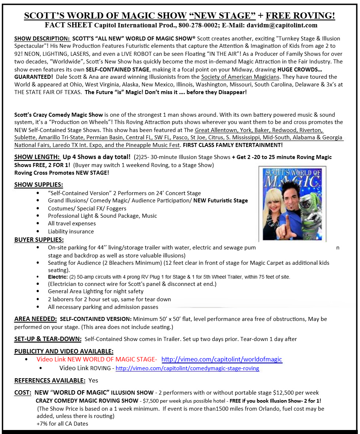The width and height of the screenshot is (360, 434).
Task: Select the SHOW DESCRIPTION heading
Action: [x=42, y=38]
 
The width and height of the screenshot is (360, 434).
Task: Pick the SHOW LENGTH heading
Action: [x=37, y=157]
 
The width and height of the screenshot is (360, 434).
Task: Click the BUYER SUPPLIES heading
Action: [x=39, y=240]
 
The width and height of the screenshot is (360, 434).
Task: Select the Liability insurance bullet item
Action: [x=71, y=231]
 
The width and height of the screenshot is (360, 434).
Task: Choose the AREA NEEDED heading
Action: [x=35, y=319]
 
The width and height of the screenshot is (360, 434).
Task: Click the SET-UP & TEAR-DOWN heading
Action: [x=47, y=339]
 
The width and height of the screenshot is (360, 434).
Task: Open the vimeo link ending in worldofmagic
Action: [x=222, y=359]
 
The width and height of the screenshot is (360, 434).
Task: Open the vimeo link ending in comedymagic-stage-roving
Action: [x=187, y=368]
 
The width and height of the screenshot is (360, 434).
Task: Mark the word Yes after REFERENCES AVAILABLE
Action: [x=93, y=380]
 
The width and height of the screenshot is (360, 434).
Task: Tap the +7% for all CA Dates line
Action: [x=62, y=424]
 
